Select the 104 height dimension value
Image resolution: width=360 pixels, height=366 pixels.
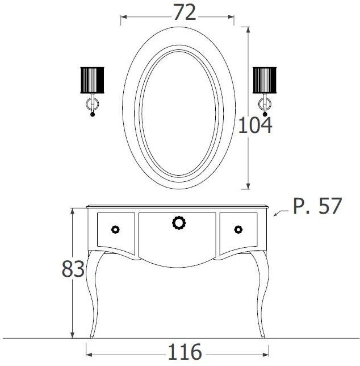tap(254, 124)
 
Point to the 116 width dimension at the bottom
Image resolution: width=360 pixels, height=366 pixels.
tap(178, 352)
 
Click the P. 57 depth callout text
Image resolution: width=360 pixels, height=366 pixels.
tap(317, 206)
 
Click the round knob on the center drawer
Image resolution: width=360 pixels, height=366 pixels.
tap(179, 222)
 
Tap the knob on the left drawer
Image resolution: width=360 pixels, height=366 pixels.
tap(116, 229)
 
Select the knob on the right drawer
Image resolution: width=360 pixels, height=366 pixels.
tap(238, 229)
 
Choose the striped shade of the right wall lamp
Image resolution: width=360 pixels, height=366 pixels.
tap(264, 79)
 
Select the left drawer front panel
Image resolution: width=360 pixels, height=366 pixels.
tap(116, 232)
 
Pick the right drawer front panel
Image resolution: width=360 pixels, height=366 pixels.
tap(238, 232)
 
